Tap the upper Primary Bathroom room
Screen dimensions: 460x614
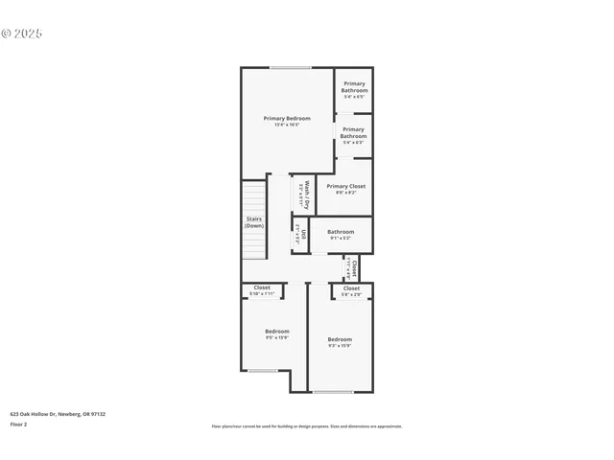point(354,90)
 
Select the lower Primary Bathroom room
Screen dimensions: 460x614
point(353,135)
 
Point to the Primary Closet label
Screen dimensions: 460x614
point(345,189)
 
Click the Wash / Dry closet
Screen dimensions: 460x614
point(303,195)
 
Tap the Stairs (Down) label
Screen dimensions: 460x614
point(254,221)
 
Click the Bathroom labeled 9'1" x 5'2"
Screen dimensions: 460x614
point(341,234)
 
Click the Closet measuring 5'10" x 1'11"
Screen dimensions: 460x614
point(262,290)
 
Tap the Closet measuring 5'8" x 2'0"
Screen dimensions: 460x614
point(351,290)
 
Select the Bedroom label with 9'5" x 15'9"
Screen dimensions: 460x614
point(276,333)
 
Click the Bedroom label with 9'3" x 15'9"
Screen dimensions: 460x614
point(340,342)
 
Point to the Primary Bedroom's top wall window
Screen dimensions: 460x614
point(289,67)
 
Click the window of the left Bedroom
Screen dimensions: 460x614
point(263,371)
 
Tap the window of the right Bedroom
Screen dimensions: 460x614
point(333,392)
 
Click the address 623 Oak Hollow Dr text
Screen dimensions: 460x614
point(58,414)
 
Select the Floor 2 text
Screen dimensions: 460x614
point(19,424)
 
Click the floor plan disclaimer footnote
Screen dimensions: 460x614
point(307,426)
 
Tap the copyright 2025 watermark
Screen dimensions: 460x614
point(22,34)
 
